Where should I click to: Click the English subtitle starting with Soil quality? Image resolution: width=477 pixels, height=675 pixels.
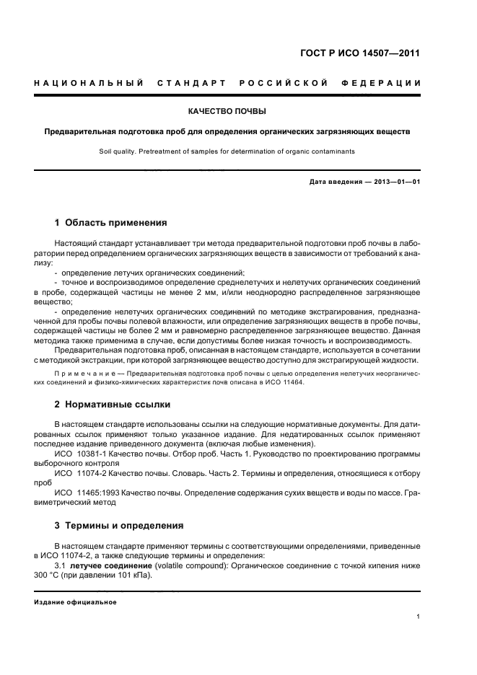click(x=227, y=151)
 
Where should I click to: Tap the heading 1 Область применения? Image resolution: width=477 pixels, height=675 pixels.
click(x=111, y=223)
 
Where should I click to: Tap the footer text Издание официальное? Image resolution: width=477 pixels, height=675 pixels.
click(x=75, y=602)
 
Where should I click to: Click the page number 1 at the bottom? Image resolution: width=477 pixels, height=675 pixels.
click(x=419, y=616)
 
